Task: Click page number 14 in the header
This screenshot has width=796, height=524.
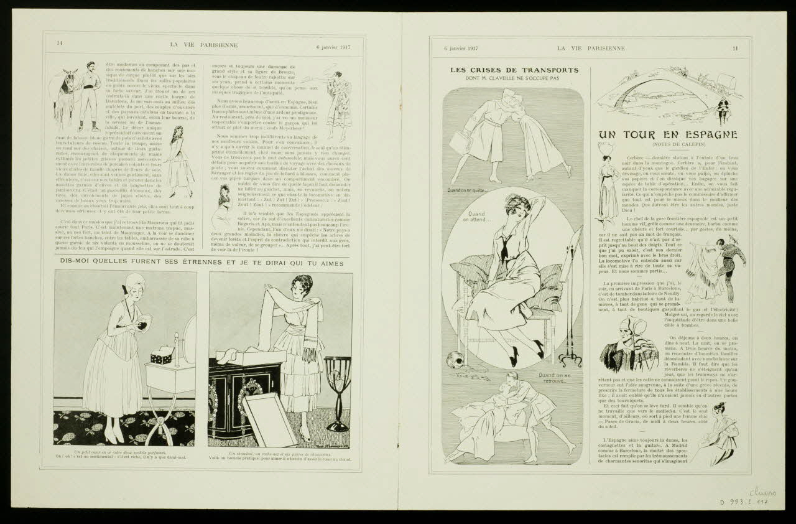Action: [60, 43]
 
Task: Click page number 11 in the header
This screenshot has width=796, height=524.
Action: [735, 48]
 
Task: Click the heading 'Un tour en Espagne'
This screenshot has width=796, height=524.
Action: [668, 134]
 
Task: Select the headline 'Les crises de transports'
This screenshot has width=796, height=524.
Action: [514, 70]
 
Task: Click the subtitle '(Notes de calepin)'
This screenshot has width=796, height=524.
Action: [668, 146]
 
